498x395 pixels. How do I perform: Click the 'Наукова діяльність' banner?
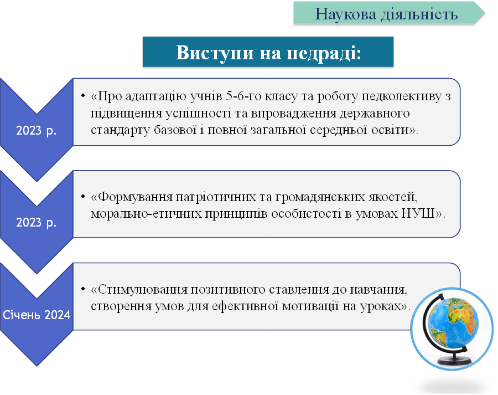(387, 14)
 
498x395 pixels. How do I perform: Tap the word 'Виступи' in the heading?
(216, 53)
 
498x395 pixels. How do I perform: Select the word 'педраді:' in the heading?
(324, 53)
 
